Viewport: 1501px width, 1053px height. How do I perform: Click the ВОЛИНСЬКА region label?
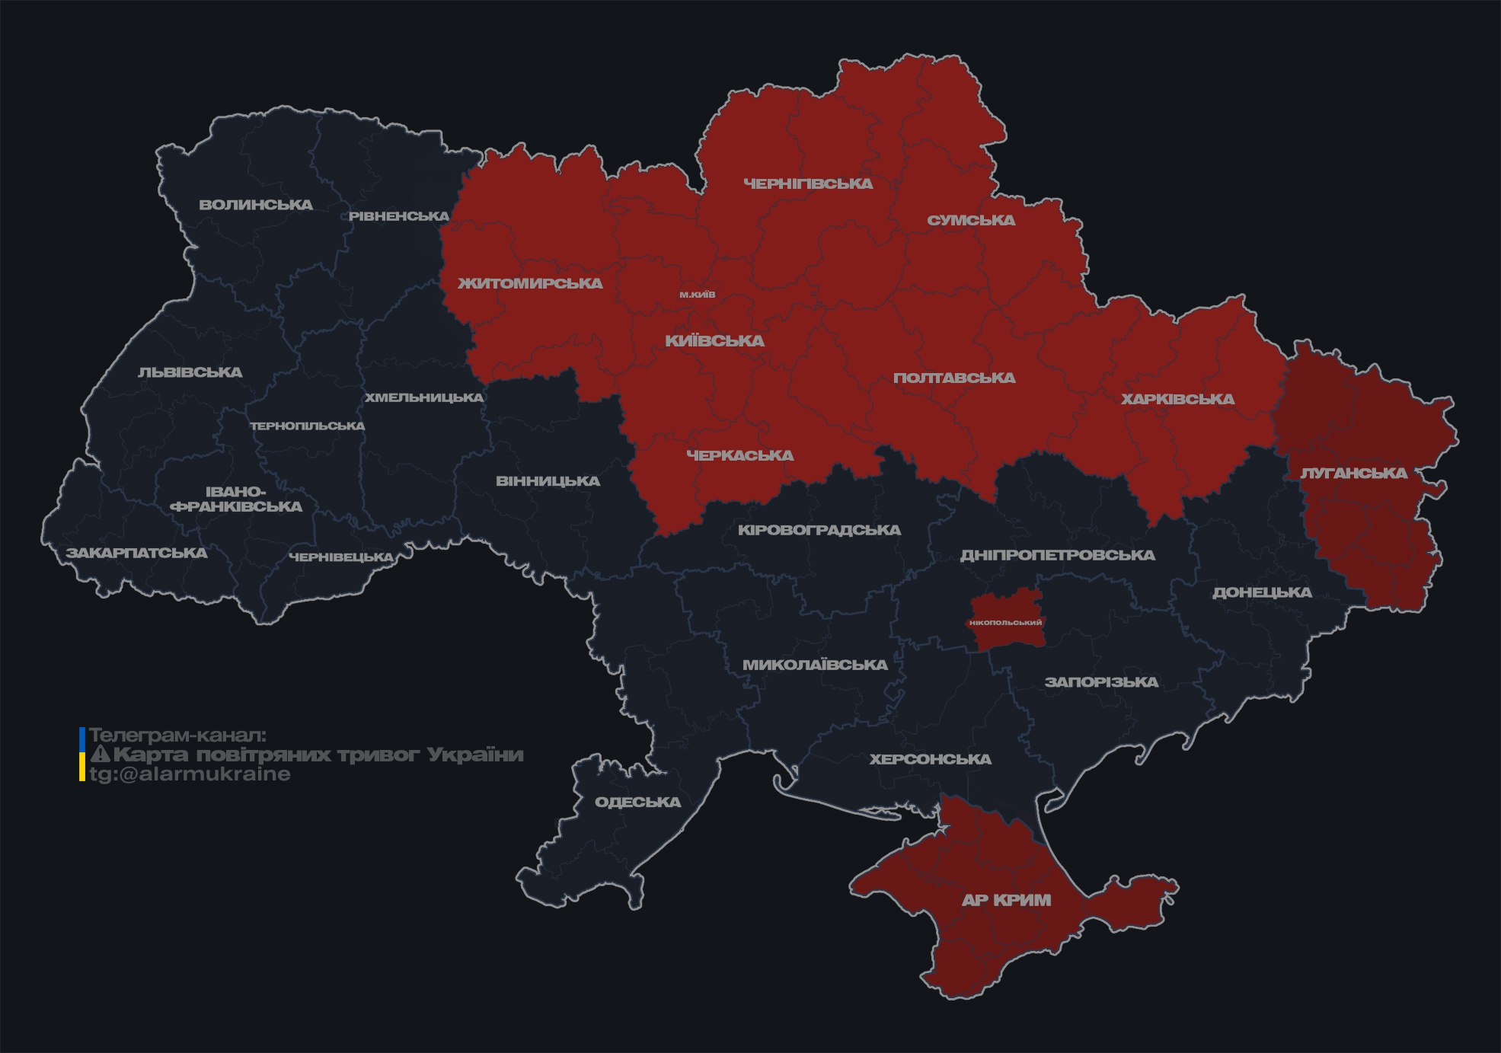(256, 204)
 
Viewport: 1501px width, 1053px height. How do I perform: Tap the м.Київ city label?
(697, 295)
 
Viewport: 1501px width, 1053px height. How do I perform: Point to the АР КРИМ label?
(1006, 900)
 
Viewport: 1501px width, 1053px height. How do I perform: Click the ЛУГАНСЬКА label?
(1353, 473)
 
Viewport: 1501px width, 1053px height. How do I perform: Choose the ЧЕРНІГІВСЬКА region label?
(808, 183)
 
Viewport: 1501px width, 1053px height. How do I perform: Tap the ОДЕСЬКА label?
(637, 802)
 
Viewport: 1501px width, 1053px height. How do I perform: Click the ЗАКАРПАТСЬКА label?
(136, 553)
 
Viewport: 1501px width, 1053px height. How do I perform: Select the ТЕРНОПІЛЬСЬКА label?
(308, 426)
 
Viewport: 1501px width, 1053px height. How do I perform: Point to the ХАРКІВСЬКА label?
(1177, 399)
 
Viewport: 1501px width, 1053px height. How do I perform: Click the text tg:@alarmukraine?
(190, 774)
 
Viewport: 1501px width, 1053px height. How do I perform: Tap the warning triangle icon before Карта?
(100, 755)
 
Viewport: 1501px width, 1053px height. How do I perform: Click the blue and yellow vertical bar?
(82, 755)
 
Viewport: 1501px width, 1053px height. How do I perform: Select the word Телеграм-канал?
(177, 736)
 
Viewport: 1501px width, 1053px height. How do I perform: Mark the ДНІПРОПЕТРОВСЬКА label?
(1057, 555)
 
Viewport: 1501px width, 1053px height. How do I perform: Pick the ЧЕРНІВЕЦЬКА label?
(341, 557)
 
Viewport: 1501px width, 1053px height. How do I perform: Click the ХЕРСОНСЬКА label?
(930, 759)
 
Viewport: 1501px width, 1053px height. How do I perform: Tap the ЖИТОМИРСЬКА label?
(530, 283)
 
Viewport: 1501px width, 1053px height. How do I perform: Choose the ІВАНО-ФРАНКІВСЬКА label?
(236, 499)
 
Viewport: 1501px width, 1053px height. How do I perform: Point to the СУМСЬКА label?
(971, 220)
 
